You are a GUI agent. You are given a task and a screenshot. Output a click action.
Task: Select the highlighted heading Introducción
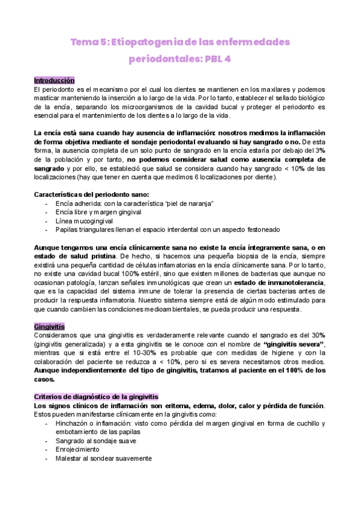point(54,80)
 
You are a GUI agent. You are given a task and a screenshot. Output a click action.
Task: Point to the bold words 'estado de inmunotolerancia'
point(278,283)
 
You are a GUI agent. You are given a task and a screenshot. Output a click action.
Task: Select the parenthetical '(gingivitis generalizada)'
point(71,343)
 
